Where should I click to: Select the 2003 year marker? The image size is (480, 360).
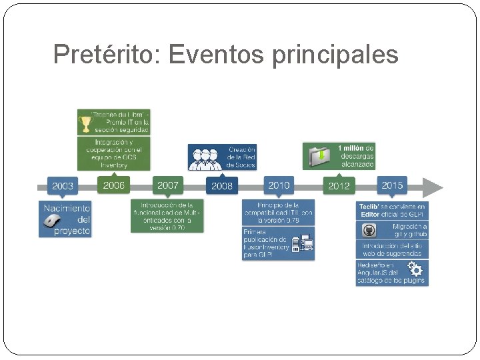62,186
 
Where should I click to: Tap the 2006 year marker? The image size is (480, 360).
114,185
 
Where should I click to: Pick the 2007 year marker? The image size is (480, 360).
168,185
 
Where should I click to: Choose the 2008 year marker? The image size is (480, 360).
222,186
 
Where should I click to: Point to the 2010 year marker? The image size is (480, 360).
279,185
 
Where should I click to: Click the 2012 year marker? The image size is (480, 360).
339,186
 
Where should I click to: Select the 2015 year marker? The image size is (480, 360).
392,185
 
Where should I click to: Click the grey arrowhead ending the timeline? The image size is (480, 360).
433,187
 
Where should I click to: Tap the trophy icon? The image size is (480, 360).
85,123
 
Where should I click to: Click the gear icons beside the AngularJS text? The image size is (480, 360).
415,269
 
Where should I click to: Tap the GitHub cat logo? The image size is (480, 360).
367,231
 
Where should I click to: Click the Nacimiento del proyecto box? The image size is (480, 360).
65,219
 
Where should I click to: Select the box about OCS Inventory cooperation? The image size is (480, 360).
114,153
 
